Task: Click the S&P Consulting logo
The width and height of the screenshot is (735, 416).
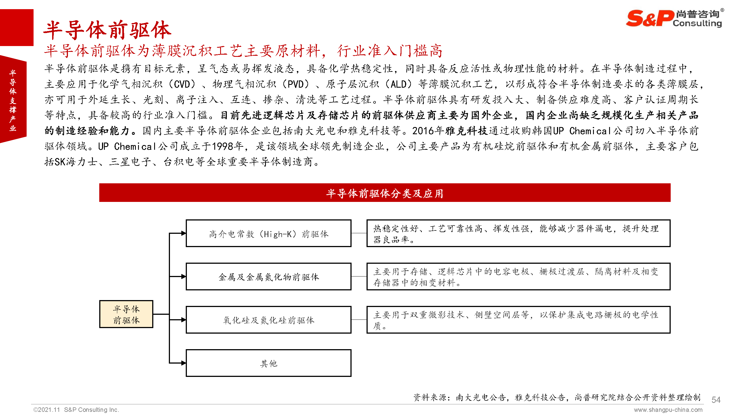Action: tap(674, 18)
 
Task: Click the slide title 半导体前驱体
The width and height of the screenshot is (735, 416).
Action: tap(107, 30)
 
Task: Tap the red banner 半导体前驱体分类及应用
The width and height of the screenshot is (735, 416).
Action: tap(384, 193)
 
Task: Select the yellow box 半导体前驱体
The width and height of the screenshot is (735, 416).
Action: tap(126, 314)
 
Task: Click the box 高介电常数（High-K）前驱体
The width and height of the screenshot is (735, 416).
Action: tap(268, 233)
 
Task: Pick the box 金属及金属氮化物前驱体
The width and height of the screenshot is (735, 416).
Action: tap(268, 276)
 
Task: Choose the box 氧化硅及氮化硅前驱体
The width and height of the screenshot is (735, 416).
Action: tap(268, 320)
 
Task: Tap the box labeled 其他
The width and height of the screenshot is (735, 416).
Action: tap(268, 363)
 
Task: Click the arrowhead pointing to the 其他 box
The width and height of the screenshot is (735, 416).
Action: tap(184, 363)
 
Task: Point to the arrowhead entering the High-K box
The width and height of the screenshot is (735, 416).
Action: tap(184, 233)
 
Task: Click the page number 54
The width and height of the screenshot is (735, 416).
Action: tap(716, 399)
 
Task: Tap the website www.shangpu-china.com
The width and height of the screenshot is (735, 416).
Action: tap(668, 410)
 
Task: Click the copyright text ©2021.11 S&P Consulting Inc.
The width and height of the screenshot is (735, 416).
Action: tap(76, 409)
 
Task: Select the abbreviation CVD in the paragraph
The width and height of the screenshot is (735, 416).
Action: tap(182, 84)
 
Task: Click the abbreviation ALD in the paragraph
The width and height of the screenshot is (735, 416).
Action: tap(398, 84)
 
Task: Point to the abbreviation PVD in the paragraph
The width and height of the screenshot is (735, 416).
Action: tap(295, 84)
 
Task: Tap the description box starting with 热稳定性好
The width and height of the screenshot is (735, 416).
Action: tap(518, 233)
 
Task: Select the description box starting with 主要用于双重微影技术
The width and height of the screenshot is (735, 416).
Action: tap(518, 320)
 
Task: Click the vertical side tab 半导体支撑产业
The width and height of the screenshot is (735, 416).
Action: tap(13, 100)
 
